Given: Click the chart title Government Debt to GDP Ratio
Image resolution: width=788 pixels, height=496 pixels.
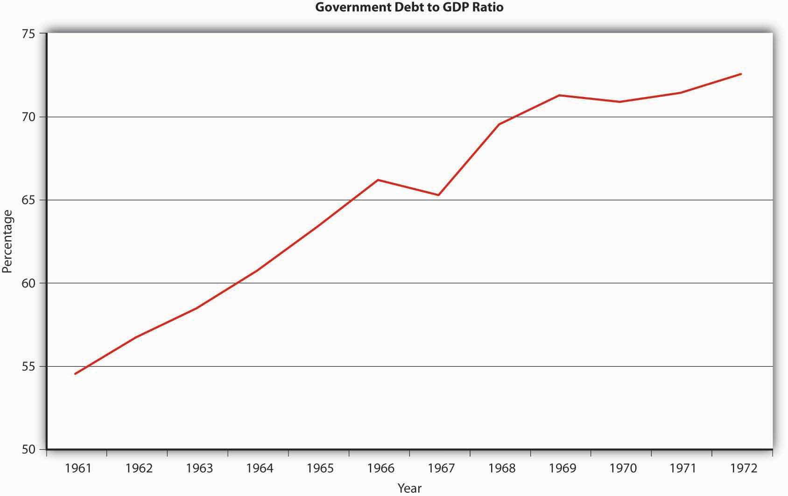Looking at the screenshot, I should (x=409, y=7).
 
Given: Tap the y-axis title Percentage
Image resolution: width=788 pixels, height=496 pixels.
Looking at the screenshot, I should (x=7, y=241).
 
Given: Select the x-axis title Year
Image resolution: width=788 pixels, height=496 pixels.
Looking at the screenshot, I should (x=409, y=488).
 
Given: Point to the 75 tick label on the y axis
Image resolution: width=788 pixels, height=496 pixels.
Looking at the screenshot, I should (x=28, y=34).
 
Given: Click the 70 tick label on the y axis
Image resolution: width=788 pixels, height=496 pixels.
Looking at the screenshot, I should (x=28, y=117).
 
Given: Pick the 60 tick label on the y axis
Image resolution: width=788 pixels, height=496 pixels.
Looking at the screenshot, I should (x=28, y=283).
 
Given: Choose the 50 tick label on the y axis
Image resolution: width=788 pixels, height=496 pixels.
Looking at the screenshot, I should (x=28, y=449).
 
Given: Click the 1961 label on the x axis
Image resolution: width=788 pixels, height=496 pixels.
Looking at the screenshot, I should (x=78, y=468).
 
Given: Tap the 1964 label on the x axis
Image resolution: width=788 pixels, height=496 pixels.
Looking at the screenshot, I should (x=260, y=468).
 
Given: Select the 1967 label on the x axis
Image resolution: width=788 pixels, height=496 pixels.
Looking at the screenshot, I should (x=441, y=468).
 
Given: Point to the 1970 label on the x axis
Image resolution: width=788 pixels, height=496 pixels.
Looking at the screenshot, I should (x=623, y=468).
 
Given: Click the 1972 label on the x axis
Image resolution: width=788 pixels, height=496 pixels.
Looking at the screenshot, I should (x=744, y=468).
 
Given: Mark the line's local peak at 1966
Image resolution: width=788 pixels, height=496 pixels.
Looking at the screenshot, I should (x=378, y=180).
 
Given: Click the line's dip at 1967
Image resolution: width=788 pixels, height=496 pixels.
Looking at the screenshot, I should (x=438, y=195).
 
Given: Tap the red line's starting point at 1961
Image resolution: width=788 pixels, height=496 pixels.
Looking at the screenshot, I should (x=75, y=374).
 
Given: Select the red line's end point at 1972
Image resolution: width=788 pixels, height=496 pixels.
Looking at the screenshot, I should (x=741, y=74).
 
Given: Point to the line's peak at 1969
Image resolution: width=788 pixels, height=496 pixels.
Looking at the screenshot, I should (x=559, y=95).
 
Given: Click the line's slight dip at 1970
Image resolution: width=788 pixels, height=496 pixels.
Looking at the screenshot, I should (x=620, y=102).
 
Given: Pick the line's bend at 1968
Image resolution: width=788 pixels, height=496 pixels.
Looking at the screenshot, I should (x=499, y=124).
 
